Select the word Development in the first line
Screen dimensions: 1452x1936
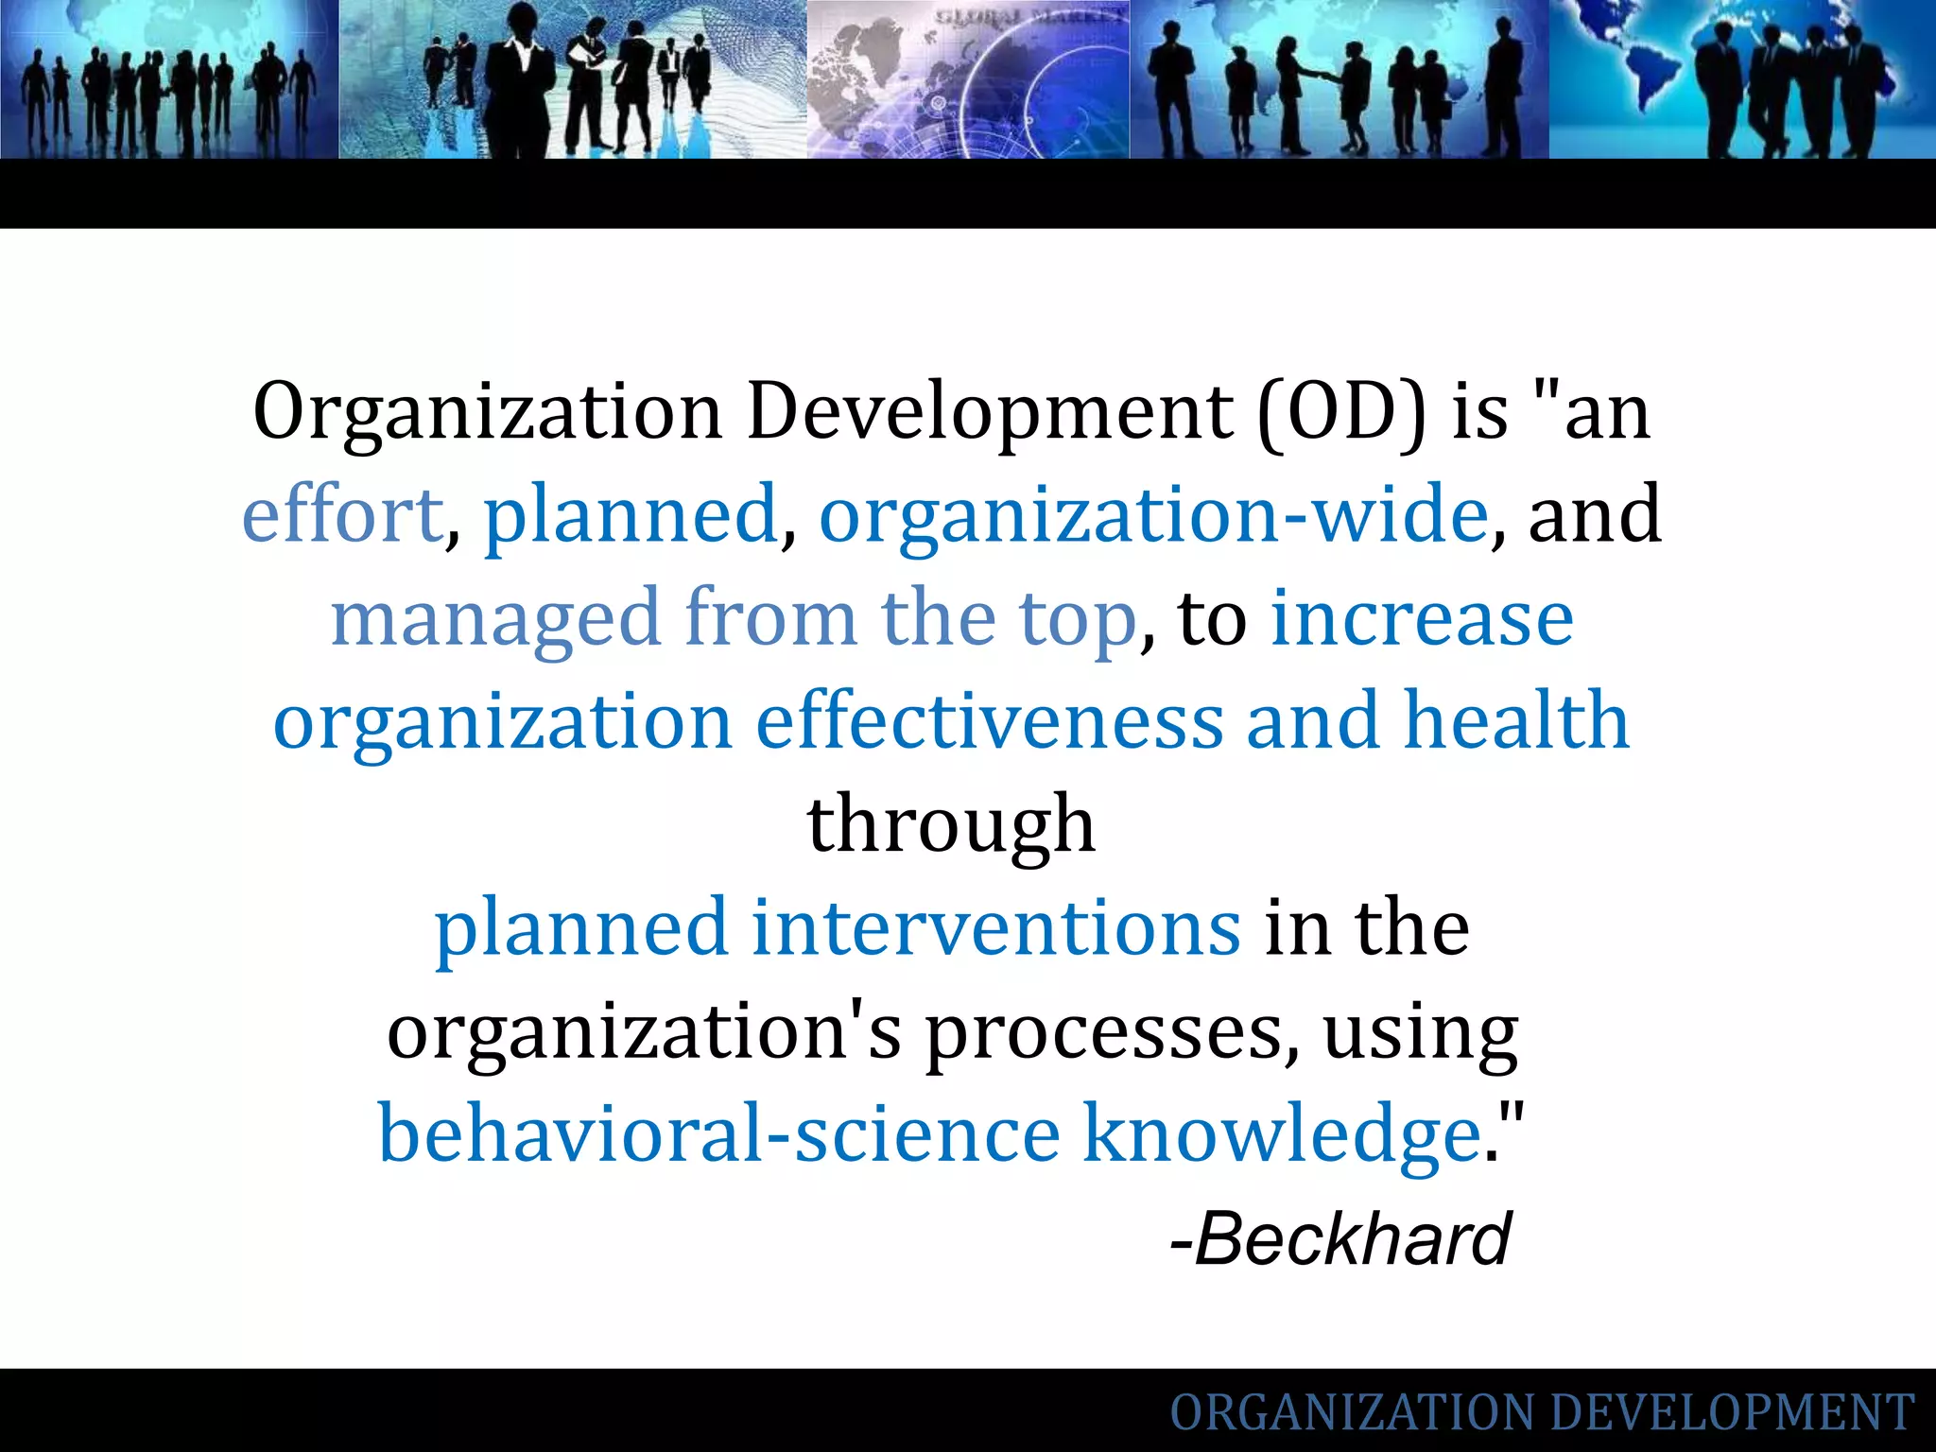990,413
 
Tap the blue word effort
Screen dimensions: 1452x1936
342,515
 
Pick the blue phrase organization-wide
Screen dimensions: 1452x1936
1153,515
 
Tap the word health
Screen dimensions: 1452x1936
1516,720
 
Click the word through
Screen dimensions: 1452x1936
951,825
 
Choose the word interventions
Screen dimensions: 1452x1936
995,927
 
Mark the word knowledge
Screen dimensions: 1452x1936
1281,1134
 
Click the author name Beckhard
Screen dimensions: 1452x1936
1352,1238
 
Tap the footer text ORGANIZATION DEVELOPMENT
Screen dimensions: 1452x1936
1542,1412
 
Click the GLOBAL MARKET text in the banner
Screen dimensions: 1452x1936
1029,16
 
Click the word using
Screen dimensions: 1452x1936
1420,1033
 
